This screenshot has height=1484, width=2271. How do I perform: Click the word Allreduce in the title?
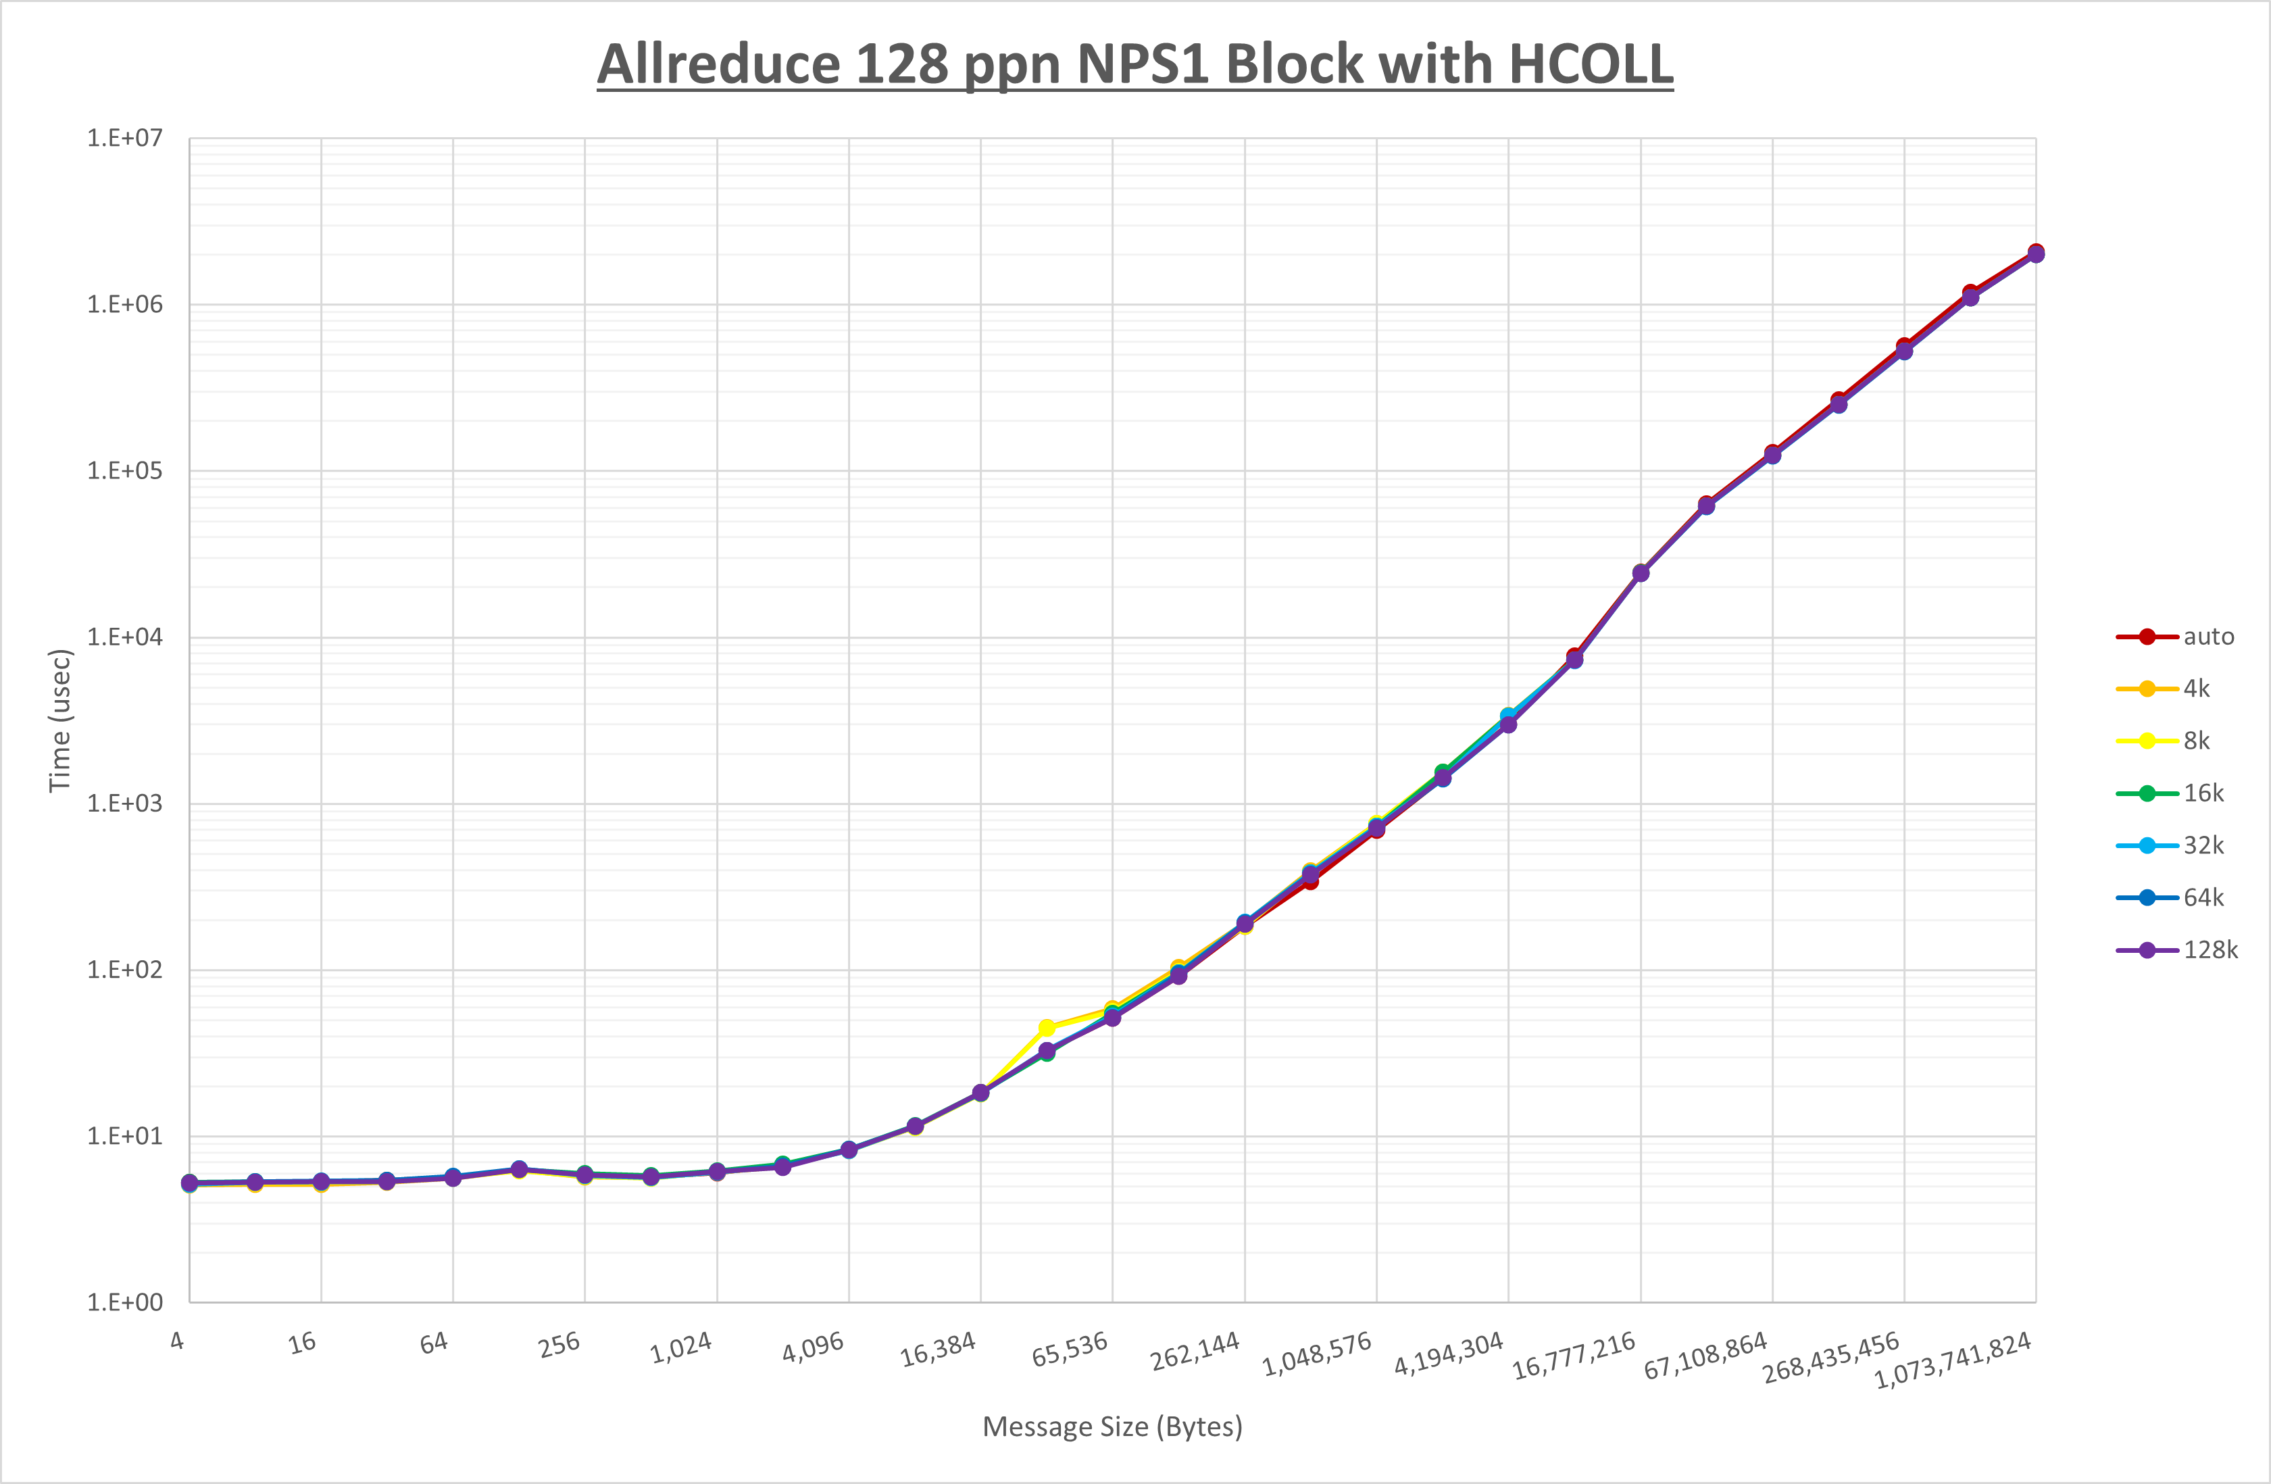pyautogui.click(x=718, y=64)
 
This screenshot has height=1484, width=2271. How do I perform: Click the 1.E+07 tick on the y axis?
pyautogui.click(x=125, y=139)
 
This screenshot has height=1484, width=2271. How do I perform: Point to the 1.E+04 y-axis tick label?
pyautogui.click(x=125, y=637)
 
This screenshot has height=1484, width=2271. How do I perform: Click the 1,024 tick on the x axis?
pyautogui.click(x=681, y=1347)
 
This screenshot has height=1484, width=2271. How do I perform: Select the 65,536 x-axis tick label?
pyautogui.click(x=1070, y=1348)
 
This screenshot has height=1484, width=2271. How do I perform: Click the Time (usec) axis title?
pyautogui.click(x=59, y=720)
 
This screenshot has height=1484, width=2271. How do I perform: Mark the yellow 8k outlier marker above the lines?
pyautogui.click(x=1047, y=1028)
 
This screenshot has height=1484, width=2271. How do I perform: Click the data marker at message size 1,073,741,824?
pyautogui.click(x=2035, y=253)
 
